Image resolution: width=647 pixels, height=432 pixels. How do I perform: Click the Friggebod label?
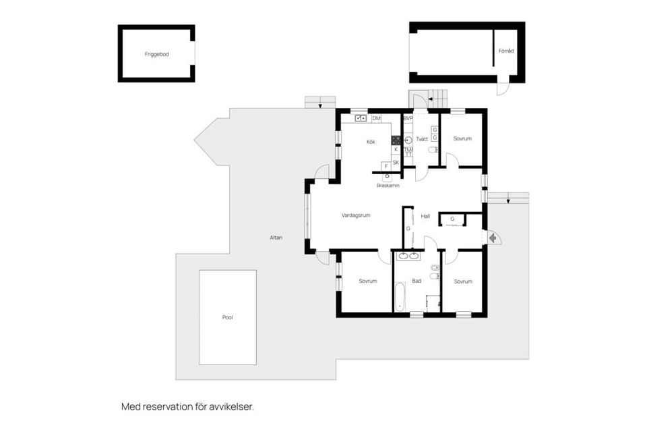pos(156,54)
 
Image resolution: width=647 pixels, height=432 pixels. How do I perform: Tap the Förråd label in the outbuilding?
pos(506,51)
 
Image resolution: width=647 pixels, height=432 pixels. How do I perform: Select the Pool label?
pos(227,317)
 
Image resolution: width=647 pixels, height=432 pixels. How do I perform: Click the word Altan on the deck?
pos(276,238)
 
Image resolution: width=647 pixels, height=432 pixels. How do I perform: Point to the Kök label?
pos(371,142)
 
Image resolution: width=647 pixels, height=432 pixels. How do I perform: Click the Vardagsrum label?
pos(356,215)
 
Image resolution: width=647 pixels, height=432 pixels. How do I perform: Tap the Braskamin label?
pos(388,185)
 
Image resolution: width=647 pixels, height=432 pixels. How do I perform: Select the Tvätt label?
pos(422,139)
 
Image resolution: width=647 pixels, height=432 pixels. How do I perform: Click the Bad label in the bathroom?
pos(417,281)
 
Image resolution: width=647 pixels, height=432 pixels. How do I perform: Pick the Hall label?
pos(425,216)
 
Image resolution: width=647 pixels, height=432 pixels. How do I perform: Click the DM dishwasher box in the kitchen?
pos(376,119)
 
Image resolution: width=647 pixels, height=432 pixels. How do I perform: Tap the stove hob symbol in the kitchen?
pos(396,140)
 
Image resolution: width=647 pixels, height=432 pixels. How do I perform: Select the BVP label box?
pos(408,118)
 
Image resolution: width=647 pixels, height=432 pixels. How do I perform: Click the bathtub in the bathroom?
pos(400,297)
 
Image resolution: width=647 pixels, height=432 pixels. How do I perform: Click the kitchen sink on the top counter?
pos(361,119)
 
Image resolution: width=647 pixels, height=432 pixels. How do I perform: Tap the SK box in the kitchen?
pos(396,162)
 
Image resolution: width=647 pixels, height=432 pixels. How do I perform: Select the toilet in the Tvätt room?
pos(432,150)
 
